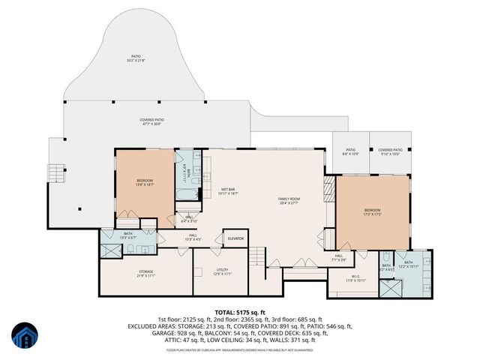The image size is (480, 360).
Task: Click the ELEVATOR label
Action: click(236, 239)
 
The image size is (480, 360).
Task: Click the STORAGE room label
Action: click(145, 273)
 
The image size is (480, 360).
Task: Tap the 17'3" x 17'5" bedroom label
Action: click(373, 212)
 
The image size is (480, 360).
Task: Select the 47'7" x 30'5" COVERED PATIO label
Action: click(151, 121)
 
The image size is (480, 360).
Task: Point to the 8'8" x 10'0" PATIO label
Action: click(350, 152)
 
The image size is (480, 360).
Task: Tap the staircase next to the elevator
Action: click(257, 255)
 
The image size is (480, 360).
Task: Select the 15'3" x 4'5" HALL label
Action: click(193, 238)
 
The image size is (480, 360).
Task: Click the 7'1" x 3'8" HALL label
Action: click(339, 257)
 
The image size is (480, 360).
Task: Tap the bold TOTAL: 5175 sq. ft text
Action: click(240, 312)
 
